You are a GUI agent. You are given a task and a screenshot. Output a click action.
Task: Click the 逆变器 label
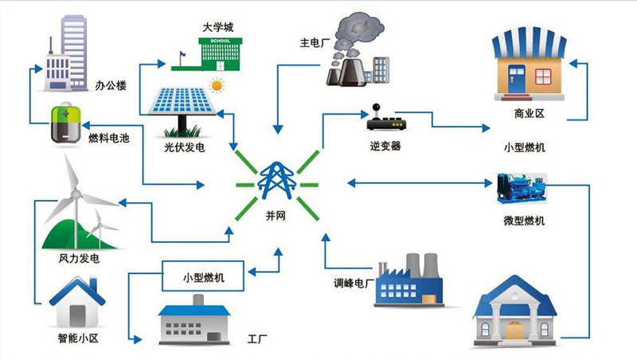385,147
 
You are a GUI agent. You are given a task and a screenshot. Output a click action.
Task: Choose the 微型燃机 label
525,221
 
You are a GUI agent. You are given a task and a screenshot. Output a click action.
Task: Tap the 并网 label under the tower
275,217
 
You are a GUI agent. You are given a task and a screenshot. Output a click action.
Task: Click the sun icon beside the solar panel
216,84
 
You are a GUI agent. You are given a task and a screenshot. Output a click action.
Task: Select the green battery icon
63,125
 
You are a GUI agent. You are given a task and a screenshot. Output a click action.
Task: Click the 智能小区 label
79,338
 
